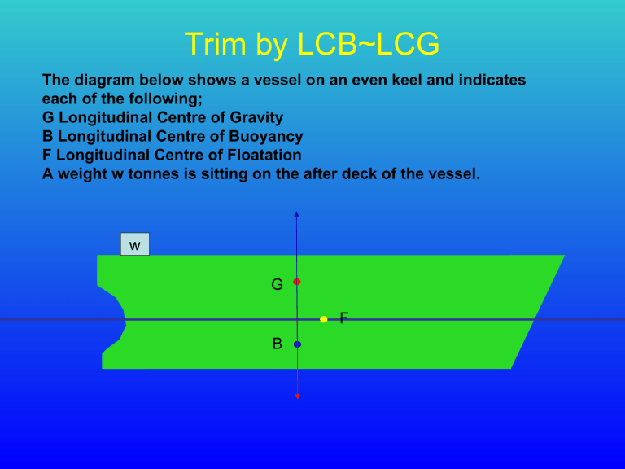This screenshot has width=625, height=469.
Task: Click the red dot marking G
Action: pos(297,282)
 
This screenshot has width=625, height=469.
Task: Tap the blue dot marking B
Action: pos(297,344)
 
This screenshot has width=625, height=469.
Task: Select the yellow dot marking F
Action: pos(324,319)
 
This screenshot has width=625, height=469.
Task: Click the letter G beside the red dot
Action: pos(278,285)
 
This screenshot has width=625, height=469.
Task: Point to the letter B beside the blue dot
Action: pos(278,344)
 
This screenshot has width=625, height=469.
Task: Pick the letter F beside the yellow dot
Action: pos(343,318)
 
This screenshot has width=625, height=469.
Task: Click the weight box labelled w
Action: pos(135,244)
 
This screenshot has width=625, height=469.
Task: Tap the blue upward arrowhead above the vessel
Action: pos(297,214)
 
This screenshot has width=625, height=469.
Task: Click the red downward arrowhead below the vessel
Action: pos(297,396)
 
